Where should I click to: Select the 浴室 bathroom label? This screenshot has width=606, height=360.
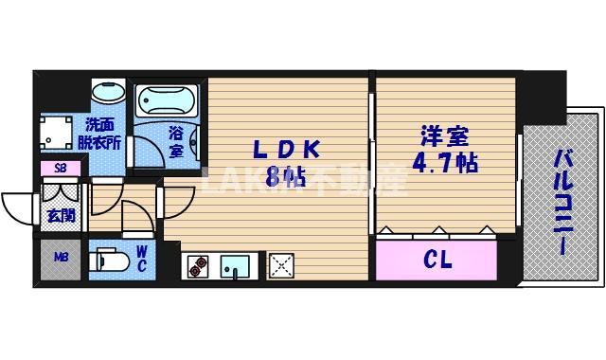click(176, 141)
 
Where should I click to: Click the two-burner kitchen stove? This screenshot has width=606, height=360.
click(196, 266)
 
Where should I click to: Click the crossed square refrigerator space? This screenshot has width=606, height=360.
click(282, 266)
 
